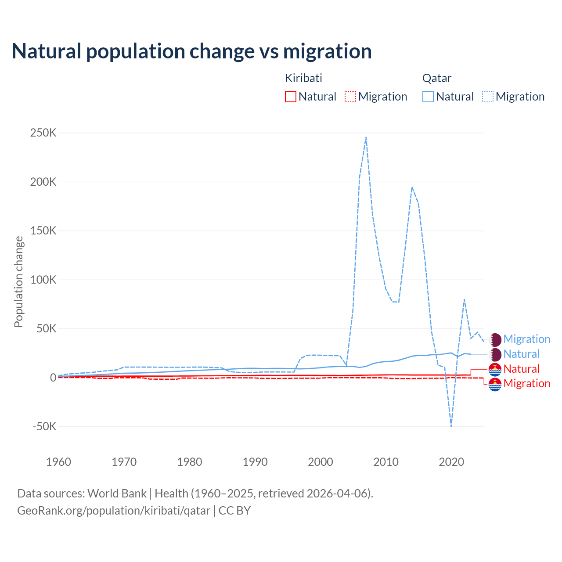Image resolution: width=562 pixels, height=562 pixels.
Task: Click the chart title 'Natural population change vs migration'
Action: click(192, 51)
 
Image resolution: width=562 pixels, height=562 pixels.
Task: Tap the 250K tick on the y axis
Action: click(43, 133)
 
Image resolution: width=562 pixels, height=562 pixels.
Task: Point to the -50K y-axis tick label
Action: click(44, 426)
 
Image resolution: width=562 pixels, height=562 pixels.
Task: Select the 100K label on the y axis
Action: click(43, 280)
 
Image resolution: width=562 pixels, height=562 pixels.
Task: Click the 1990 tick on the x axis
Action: click(255, 462)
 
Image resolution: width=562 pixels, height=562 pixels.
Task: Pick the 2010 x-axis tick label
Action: click(386, 462)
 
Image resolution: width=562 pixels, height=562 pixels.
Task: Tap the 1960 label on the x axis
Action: click(58, 462)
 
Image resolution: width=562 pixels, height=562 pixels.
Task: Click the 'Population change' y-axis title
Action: click(18, 281)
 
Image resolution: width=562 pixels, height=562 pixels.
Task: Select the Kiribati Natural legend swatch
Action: click(290, 97)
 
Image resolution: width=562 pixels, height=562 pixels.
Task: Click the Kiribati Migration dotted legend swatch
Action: click(350, 97)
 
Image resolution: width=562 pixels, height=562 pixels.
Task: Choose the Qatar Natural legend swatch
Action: click(428, 97)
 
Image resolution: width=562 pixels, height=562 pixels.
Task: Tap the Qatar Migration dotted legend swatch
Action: click(488, 97)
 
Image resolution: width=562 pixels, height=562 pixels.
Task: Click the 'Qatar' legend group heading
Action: click(436, 78)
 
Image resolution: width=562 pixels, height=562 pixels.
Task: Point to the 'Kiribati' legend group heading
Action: click(303, 78)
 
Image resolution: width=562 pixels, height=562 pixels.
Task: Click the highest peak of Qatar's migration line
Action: click(366, 137)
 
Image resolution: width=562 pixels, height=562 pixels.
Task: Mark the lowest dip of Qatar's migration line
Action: click(451, 425)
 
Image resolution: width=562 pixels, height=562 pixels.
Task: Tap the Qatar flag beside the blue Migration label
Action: click(495, 339)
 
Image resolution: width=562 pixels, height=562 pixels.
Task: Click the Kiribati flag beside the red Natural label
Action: click(495, 369)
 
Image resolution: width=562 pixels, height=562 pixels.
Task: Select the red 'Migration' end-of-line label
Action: click(526, 384)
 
